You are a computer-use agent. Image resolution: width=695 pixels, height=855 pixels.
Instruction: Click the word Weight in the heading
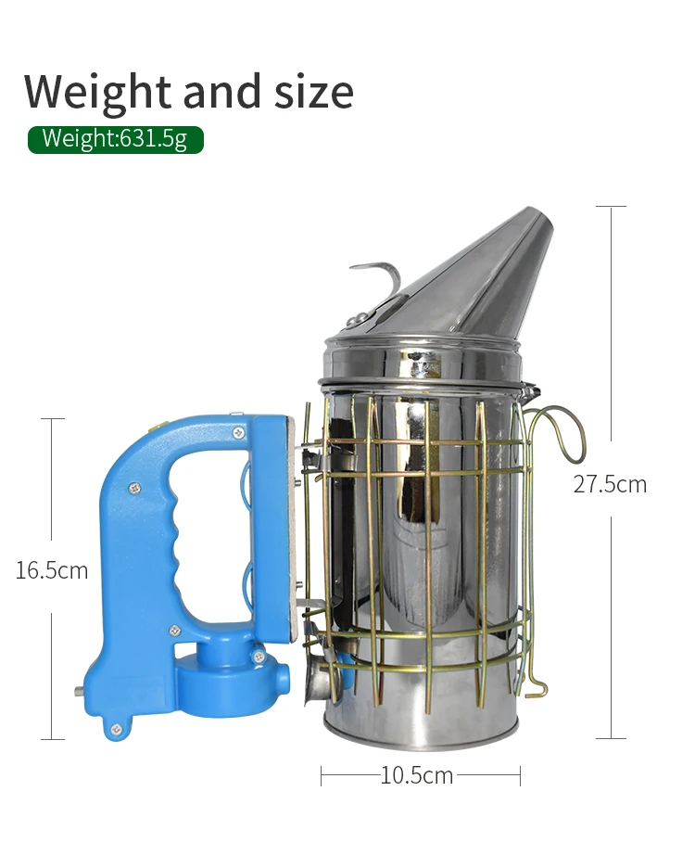tap(98, 92)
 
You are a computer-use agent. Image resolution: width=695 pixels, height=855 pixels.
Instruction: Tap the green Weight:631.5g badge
tap(116, 140)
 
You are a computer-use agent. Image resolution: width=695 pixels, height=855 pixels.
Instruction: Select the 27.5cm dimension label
tap(610, 484)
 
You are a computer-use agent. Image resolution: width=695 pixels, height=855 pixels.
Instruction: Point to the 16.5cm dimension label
tap(51, 570)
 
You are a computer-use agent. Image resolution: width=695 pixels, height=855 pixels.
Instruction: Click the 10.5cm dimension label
tap(416, 775)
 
